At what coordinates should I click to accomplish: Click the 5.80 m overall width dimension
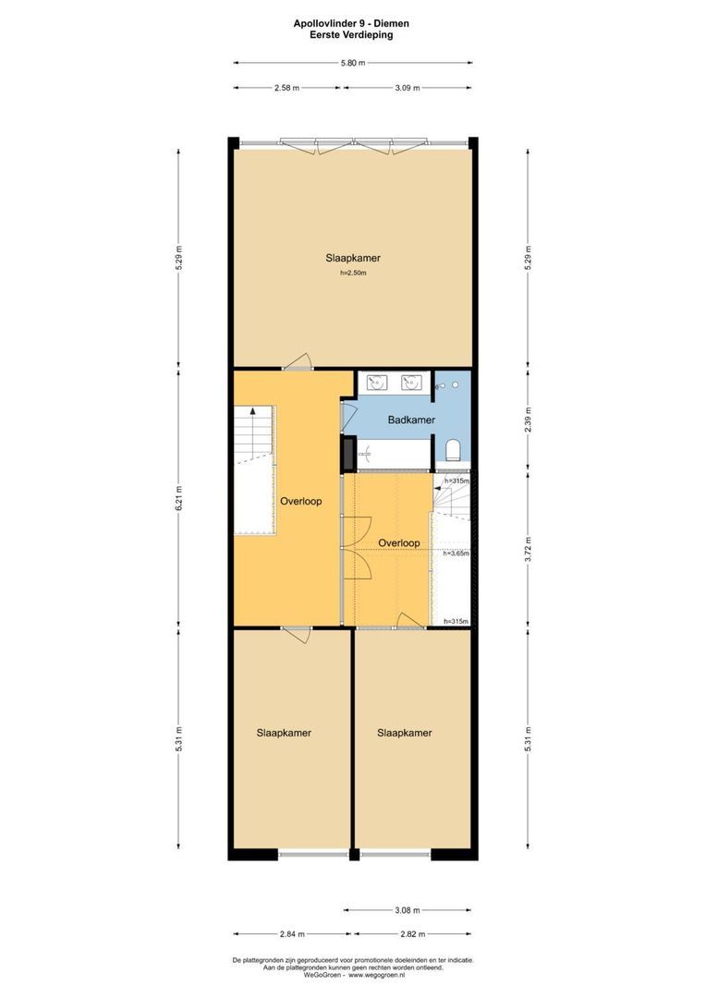(x=353, y=63)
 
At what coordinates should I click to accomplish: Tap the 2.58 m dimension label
(x=287, y=88)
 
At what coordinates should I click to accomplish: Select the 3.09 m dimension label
(x=408, y=88)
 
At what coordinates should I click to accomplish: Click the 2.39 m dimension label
(x=528, y=418)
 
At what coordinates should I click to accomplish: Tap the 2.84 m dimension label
(x=291, y=934)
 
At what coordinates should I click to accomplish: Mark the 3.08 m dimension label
(x=408, y=910)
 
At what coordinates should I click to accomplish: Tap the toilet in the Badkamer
(x=453, y=450)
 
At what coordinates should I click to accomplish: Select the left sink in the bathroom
(x=377, y=381)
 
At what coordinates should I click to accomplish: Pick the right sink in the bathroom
(x=411, y=381)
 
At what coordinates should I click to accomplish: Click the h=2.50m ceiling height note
(x=353, y=273)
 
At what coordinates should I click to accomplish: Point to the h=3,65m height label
(x=456, y=554)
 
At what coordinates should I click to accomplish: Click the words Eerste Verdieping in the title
(x=353, y=34)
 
